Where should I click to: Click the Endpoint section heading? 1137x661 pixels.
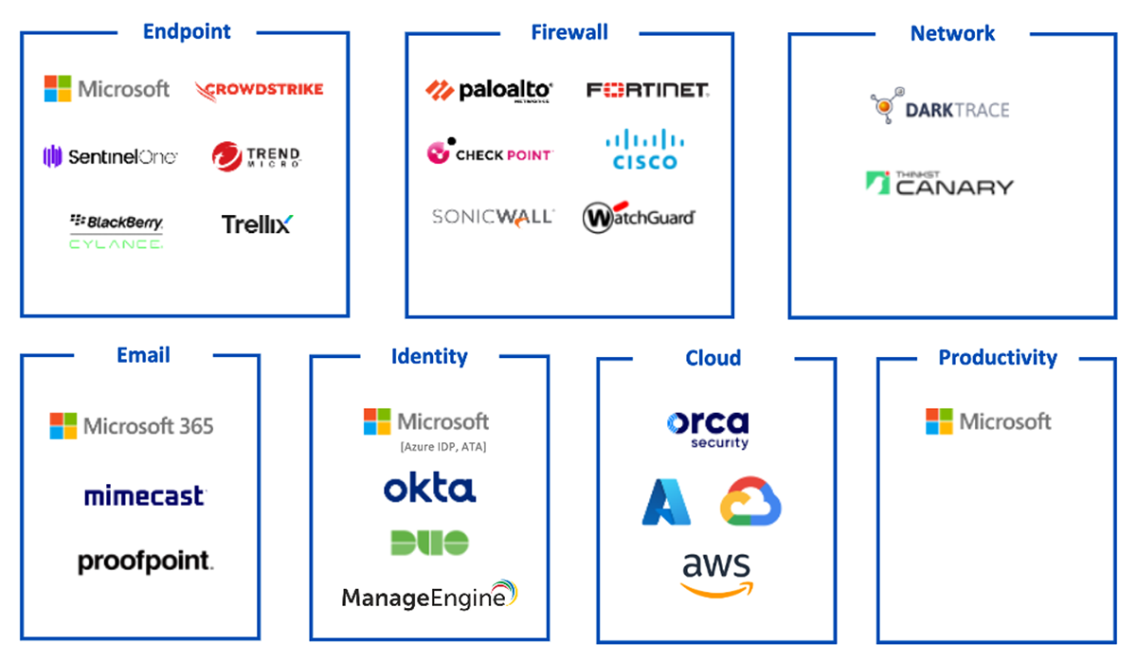coord(187,31)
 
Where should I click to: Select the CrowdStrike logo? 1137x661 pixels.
coord(260,90)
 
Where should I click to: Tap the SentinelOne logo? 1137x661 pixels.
coord(110,156)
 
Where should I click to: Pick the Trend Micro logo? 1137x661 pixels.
coord(257,156)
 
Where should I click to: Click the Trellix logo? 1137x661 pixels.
coord(258,224)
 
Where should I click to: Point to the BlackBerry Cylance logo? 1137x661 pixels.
coord(117,231)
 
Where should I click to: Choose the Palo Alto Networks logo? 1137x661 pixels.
coord(489,91)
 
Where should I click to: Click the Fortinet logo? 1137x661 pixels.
coord(648,90)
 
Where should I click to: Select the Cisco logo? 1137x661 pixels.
coord(644,149)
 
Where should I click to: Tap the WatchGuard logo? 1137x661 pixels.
coord(639,217)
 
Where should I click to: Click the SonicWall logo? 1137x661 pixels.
coord(493,217)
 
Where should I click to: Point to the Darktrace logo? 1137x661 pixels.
coord(940,105)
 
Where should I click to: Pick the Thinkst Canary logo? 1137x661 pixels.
coord(940,183)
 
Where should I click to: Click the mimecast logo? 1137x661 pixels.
coord(145,495)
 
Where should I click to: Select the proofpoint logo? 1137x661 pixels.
coord(145,562)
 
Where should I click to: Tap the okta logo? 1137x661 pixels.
coord(430,488)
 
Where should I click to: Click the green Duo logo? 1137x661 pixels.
coord(429,543)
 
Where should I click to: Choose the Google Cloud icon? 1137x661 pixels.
coord(750,501)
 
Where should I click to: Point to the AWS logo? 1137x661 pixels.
coord(716,575)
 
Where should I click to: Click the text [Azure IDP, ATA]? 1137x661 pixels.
coord(443,447)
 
